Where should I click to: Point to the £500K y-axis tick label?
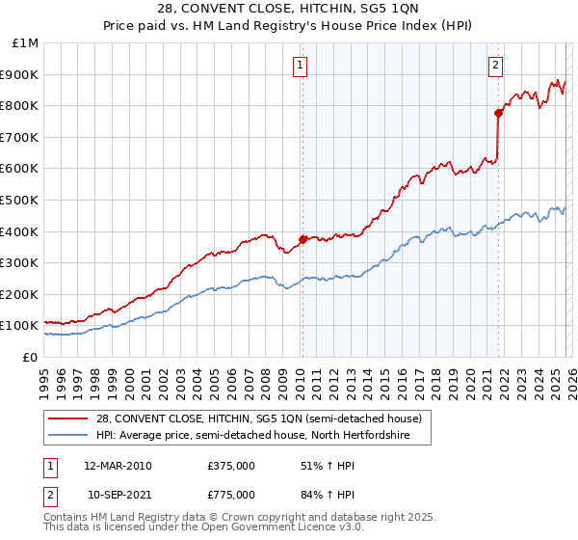point(21,200)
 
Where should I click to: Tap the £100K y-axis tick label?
point(21,325)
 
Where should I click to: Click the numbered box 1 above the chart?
point(301,66)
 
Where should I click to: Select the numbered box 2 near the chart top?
point(495,66)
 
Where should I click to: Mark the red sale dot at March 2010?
point(302,239)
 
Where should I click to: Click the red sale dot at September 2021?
point(498,114)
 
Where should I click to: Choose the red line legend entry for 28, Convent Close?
point(258,418)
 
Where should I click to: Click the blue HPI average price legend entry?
point(253,435)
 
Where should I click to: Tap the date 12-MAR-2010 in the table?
point(118,466)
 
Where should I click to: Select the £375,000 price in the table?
point(231,466)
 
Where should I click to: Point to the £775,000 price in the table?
point(231,495)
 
